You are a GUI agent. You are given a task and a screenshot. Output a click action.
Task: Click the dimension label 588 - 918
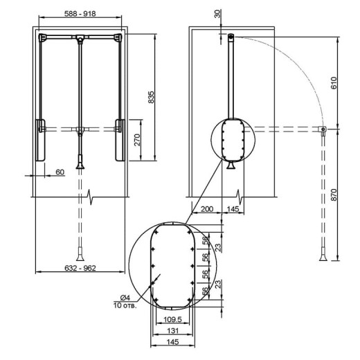point(80,14)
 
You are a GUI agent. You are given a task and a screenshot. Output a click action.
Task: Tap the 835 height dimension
point(151,97)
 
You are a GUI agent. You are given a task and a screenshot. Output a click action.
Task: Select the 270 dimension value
point(137,140)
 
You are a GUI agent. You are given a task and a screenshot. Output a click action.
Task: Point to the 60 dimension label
point(60,172)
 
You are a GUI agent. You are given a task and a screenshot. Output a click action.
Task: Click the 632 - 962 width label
point(80,268)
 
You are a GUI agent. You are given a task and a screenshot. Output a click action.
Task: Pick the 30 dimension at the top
point(217,14)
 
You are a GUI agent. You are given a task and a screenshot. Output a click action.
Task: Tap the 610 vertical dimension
point(334,83)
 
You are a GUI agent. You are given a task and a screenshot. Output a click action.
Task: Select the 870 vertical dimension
point(334,195)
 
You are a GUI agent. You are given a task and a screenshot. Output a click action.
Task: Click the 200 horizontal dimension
point(207,209)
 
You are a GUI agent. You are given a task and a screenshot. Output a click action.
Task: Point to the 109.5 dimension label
point(172,319)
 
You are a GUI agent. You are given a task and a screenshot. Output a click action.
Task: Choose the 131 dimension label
point(172,331)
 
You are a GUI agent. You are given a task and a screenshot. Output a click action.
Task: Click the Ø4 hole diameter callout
point(125,298)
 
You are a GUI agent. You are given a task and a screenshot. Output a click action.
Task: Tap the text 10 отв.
point(125,305)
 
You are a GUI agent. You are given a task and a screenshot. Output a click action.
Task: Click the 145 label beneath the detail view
point(172,342)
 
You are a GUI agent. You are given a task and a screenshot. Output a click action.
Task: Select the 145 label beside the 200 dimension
point(233,209)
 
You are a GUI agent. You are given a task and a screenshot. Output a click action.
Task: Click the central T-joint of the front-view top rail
point(80,37)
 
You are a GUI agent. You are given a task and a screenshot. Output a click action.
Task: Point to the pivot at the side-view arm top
point(231,36)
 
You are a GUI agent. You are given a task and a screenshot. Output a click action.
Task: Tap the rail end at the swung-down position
point(323,129)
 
